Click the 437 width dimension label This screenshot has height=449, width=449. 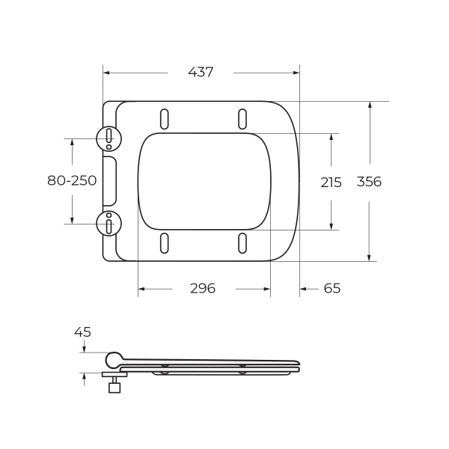(201, 73)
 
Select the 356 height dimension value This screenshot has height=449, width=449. (369, 182)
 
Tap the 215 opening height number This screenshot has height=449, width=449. (331, 182)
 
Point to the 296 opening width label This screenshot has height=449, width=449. (202, 289)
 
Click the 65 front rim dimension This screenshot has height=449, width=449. (332, 289)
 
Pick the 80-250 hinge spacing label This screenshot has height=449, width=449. (72, 180)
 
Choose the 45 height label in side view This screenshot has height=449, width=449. (82, 332)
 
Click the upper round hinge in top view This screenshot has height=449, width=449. (109, 138)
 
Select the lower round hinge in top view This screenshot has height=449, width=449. (109, 223)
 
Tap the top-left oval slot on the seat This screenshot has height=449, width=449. (164, 119)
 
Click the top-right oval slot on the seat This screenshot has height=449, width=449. (242, 119)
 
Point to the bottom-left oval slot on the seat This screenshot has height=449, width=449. (164, 242)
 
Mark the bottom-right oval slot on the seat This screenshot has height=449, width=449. (242, 242)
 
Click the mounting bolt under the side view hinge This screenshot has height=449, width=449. (114, 385)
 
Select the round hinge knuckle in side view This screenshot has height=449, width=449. (114, 360)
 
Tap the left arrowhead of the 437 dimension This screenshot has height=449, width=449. (106, 73)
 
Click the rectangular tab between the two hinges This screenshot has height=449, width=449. (109, 180)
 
